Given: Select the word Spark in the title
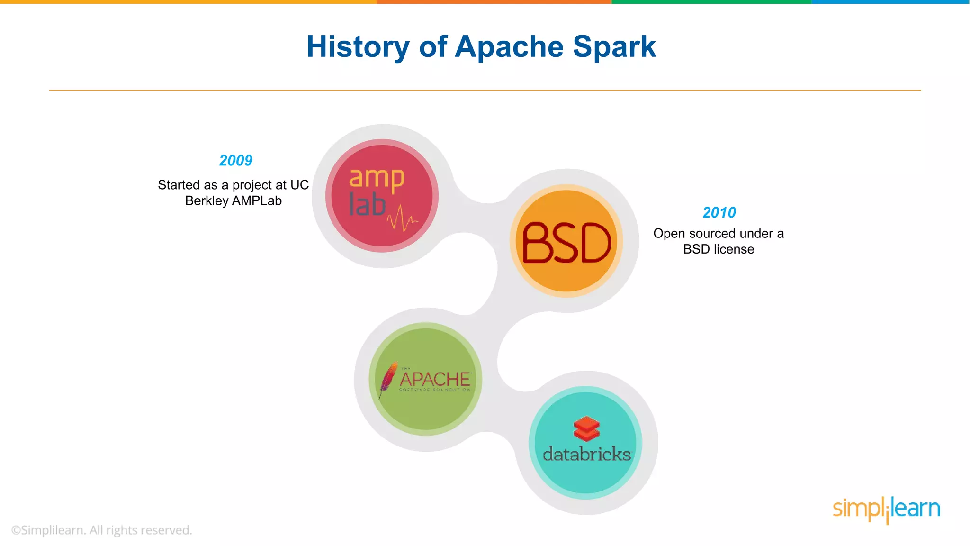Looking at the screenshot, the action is pos(614,47).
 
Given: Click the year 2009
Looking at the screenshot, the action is pos(236,161).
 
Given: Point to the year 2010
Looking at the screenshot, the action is pos(719,212).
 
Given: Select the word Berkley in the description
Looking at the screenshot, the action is pos(207,201).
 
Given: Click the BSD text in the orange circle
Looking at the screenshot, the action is pos(566,243).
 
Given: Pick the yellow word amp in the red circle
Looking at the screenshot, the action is pos(377,179).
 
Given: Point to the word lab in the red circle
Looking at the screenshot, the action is pos(367,205).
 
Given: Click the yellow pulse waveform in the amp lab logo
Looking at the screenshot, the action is pos(402,218).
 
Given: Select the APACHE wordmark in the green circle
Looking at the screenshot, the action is pos(435,379).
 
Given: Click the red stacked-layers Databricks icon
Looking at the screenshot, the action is pos(586,428).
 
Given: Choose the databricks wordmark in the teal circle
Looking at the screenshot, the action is pos(587,454).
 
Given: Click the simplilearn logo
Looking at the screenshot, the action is pos(886,509).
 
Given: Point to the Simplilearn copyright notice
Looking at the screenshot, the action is pos(102,530).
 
